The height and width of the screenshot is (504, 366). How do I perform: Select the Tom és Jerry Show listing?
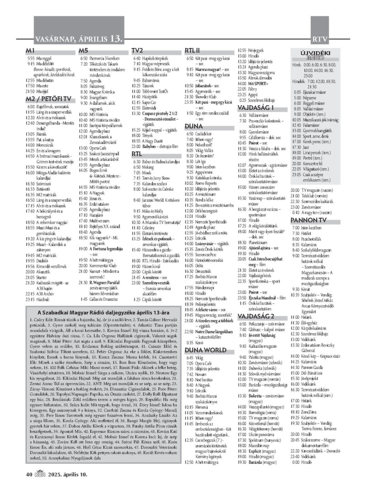[x=158, y=177]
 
